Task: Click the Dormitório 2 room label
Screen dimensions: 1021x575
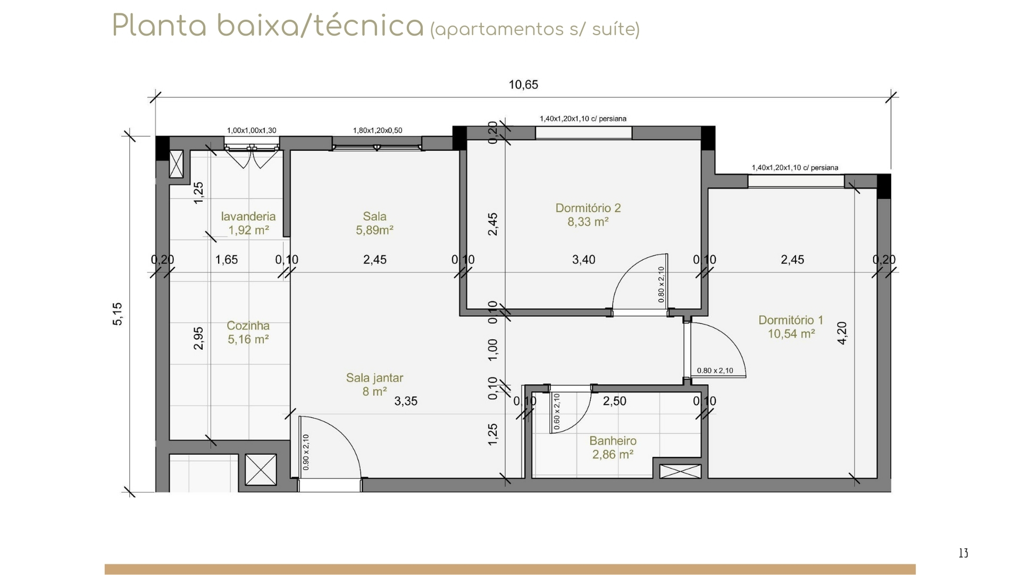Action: point(588,208)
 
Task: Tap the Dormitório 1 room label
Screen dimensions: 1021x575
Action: point(791,320)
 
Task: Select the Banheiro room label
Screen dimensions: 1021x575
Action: point(613,441)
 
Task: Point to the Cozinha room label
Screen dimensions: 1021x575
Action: point(248,325)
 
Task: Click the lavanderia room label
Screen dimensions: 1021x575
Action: point(248,216)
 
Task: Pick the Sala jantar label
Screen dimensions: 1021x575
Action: point(374,378)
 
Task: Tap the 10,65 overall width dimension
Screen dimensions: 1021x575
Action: point(523,85)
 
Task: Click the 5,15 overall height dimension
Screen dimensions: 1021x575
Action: point(118,314)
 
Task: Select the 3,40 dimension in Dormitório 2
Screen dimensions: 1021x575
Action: point(583,260)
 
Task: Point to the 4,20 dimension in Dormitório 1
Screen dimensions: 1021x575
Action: point(842,333)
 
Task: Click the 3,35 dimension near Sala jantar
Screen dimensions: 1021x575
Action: point(406,401)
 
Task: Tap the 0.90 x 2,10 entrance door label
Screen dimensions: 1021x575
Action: point(306,453)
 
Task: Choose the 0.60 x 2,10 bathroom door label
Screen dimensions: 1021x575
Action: point(557,412)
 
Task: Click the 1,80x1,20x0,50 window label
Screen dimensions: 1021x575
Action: point(378,130)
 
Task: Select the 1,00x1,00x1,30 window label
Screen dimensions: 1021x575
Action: point(252,130)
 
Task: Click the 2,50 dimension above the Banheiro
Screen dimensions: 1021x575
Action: point(614,401)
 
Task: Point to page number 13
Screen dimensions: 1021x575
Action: point(963,553)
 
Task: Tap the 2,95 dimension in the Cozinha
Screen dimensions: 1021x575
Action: point(198,338)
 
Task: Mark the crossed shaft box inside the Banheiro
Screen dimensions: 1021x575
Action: point(680,471)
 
